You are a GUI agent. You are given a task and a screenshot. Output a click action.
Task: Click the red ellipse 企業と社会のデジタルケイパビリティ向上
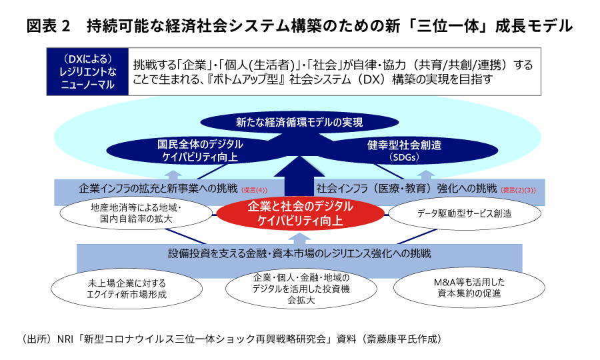pyautogui.click(x=301, y=214)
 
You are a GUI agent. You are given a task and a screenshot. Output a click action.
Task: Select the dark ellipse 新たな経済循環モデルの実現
pyautogui.click(x=299, y=123)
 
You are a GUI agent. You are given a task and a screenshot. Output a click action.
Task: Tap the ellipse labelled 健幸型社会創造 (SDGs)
pyautogui.click(x=405, y=151)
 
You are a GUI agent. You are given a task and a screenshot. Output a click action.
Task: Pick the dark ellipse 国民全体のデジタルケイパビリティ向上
pyautogui.click(x=200, y=151)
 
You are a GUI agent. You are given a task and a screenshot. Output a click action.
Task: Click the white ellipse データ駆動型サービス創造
pyautogui.click(x=465, y=213)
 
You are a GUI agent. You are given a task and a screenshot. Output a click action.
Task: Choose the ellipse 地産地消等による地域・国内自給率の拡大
pyautogui.click(x=136, y=213)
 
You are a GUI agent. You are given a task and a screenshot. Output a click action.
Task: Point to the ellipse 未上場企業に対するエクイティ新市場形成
pyautogui.click(x=127, y=289)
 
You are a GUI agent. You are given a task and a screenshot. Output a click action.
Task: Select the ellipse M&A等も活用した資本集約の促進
pyautogui.click(x=469, y=288)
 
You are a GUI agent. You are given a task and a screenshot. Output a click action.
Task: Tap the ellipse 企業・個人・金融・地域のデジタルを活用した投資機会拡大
pyautogui.click(x=301, y=289)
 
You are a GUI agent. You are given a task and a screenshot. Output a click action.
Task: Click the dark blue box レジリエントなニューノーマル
pyautogui.click(x=87, y=71)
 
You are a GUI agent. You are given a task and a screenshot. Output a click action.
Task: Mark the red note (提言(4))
pyautogui.click(x=255, y=190)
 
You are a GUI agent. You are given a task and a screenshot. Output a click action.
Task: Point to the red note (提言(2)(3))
pyautogui.click(x=518, y=190)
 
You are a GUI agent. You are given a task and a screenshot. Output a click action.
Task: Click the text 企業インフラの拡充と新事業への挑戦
pyautogui.click(x=158, y=188)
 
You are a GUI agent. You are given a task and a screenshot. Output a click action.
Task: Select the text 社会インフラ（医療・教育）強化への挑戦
pyautogui.click(x=407, y=188)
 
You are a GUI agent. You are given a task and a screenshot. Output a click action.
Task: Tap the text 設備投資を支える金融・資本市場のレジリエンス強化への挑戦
pyautogui.click(x=299, y=253)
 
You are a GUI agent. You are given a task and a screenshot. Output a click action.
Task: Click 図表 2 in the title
pyautogui.click(x=49, y=26)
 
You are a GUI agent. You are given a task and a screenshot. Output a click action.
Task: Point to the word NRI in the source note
pyautogui.click(x=65, y=339)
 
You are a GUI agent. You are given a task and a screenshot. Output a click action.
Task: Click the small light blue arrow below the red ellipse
pyautogui.click(x=299, y=239)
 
